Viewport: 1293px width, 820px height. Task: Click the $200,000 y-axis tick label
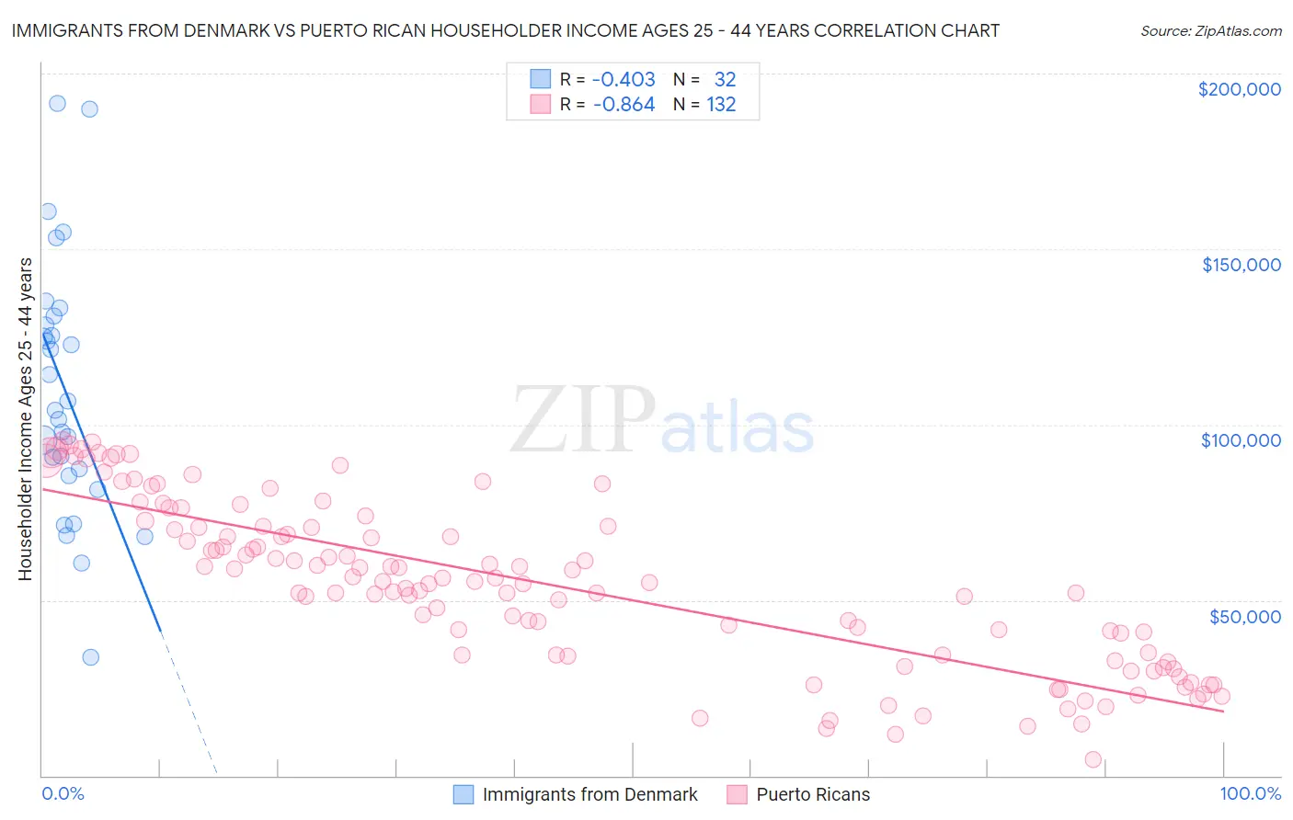1239,89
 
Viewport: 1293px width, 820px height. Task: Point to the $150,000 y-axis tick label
1241,265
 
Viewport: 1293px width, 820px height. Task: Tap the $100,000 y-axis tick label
1241,440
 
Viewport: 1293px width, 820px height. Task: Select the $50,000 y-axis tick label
1244,617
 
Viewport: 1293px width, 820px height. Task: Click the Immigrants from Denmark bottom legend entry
589,795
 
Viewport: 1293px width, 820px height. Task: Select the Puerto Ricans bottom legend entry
812,795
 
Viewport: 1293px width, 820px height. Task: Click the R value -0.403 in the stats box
624,79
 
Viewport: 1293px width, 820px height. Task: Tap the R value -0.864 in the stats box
624,105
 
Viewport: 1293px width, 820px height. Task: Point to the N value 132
721,105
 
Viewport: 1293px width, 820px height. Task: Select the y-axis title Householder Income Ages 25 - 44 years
25,419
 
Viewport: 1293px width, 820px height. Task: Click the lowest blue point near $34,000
90,657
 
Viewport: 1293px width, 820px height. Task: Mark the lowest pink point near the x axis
1093,759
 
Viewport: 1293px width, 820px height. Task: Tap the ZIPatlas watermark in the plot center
662,420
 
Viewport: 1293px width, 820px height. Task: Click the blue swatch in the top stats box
540,79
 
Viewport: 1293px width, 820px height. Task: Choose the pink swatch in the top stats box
540,105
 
